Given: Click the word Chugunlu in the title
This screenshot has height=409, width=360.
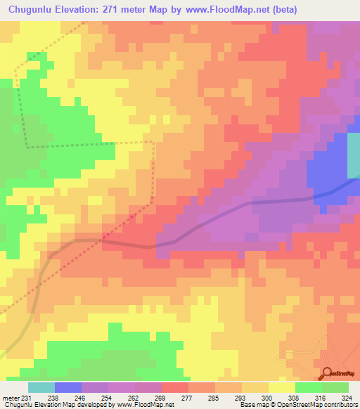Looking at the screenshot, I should click(32, 10).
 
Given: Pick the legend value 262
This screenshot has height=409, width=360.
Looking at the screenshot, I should click(136, 398).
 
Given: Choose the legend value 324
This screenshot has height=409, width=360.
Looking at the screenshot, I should click(347, 398).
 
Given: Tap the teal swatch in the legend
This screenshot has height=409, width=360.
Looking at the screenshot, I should click(41, 387).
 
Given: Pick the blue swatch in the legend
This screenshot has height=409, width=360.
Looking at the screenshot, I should click(68, 387).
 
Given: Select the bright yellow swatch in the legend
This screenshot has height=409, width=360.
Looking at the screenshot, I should click(281, 387).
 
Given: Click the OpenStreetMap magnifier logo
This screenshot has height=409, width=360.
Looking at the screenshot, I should click(326, 373).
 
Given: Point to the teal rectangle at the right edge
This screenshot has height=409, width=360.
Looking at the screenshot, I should click(353, 155).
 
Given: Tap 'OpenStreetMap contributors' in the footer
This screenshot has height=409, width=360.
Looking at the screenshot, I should click(319, 405).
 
